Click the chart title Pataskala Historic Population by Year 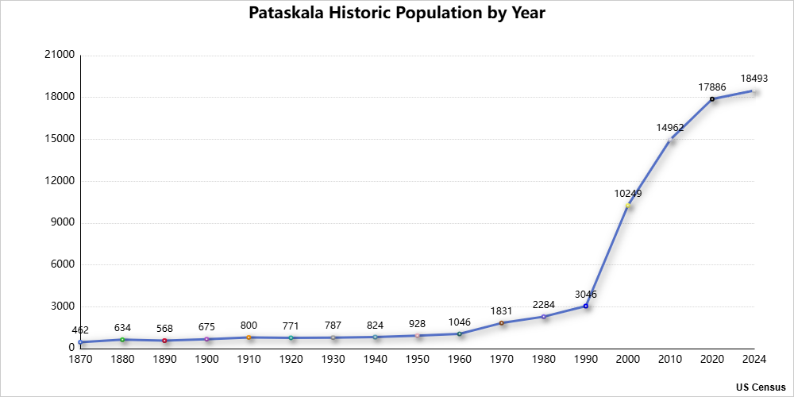pyautogui.click(x=396, y=13)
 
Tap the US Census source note pyautogui.click(x=760, y=387)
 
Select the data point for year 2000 pyautogui.click(x=628, y=206)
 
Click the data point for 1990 pyautogui.click(x=586, y=306)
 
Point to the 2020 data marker pyautogui.click(x=712, y=99)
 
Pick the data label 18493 pyautogui.click(x=754, y=78)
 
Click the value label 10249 pyautogui.click(x=628, y=193)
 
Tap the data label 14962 pyautogui.click(x=670, y=127)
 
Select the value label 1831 pyautogui.click(x=501, y=310)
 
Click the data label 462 pyautogui.click(x=80, y=330)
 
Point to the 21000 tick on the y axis pyautogui.click(x=62, y=55)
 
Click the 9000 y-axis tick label pyautogui.click(x=64, y=222)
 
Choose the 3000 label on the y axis pyautogui.click(x=64, y=306)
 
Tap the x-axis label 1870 pyautogui.click(x=80, y=359)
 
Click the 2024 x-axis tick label pyautogui.click(x=754, y=359)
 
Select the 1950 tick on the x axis pyautogui.click(x=417, y=359)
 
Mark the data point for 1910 pyautogui.click(x=249, y=337)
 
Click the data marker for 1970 pyautogui.click(x=501, y=323)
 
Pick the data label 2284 pyautogui.click(x=544, y=304)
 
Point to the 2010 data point pyautogui.click(x=670, y=140)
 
